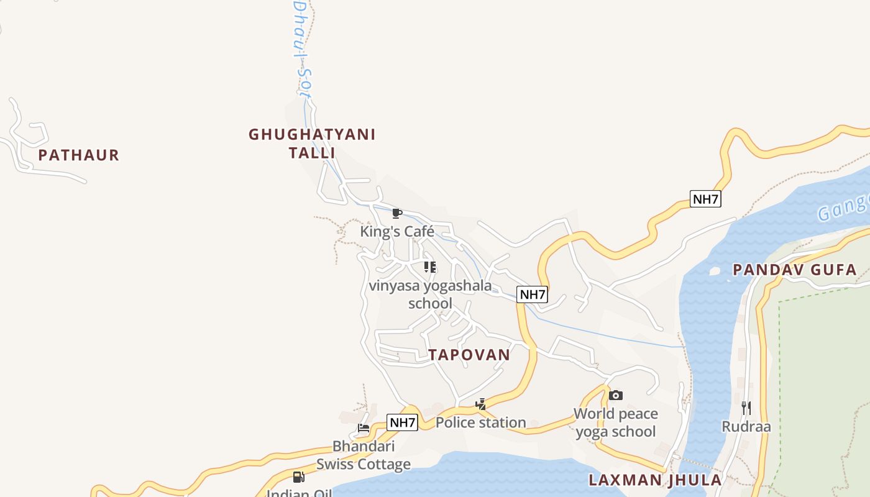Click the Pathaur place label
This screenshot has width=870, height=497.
click(78, 155)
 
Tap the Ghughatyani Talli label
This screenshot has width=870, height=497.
click(312, 144)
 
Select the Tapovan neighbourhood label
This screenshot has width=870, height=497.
click(469, 355)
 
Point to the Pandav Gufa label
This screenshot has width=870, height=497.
click(795, 270)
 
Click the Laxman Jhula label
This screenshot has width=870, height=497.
click(655, 480)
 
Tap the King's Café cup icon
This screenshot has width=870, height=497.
click(397, 214)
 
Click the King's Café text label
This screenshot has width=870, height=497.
click(397, 232)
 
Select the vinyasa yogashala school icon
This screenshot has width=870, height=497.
click(429, 267)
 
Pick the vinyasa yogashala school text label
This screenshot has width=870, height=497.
click(430, 294)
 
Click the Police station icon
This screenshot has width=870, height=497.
click(480, 404)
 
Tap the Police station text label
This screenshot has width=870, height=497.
click(480, 422)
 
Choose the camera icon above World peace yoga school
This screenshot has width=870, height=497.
click(616, 395)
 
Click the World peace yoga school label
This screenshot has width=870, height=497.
click(616, 422)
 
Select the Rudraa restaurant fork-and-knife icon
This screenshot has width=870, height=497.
click(746, 408)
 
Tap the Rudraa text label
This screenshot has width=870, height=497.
click(746, 427)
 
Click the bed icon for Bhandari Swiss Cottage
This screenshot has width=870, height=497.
click(364, 428)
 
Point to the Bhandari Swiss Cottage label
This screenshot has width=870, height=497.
click(364, 455)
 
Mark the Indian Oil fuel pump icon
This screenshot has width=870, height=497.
click(299, 477)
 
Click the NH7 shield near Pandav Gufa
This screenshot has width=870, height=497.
click(705, 199)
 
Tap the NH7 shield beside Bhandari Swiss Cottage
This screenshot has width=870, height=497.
click(402, 423)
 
